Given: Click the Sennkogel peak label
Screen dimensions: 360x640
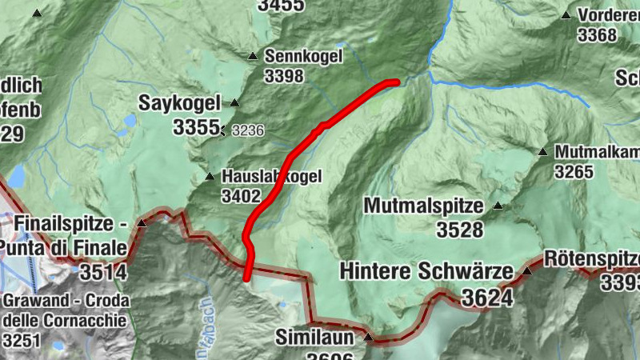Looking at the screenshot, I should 303,56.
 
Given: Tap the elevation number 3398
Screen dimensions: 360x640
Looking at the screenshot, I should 284,76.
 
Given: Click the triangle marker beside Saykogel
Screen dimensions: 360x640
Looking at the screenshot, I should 234,103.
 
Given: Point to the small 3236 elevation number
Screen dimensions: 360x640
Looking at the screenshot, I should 248,130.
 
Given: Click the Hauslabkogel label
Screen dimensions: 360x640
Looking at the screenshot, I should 272,177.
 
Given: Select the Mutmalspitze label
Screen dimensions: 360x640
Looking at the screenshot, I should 423,206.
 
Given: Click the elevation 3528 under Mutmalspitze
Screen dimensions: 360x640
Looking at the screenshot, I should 460,230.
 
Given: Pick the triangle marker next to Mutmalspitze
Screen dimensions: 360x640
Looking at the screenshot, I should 498,206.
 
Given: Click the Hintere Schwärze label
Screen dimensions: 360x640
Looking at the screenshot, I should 426,272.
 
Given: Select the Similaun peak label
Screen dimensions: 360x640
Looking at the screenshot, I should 315,336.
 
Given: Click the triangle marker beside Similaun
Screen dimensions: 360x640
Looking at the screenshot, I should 368,337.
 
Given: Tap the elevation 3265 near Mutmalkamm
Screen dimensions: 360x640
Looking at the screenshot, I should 574,171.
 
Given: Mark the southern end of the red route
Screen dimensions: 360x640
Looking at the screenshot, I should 246,278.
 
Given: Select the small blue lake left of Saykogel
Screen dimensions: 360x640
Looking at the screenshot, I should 130,122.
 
